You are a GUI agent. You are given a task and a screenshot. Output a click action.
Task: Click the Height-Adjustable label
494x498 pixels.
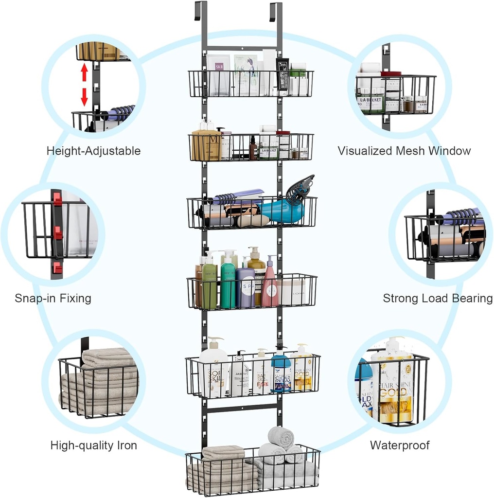pyautogui.click(x=93, y=151)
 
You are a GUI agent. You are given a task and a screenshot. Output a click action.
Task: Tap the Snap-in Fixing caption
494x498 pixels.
pyautogui.click(x=53, y=298)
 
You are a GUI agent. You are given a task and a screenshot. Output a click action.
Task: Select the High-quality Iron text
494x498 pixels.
pyautogui.click(x=94, y=445)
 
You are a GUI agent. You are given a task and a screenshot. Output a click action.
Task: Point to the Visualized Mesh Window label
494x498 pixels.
pyautogui.click(x=404, y=151)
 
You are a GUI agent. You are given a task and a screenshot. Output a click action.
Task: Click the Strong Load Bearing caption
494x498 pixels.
pyautogui.click(x=438, y=298)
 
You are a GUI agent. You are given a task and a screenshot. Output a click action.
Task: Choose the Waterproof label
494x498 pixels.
pyautogui.click(x=400, y=445)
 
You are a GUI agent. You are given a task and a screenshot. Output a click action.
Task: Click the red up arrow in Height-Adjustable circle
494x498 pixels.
pyautogui.click(x=84, y=73)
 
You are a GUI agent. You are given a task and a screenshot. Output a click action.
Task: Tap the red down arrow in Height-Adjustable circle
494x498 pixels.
pyautogui.click(x=84, y=96)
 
